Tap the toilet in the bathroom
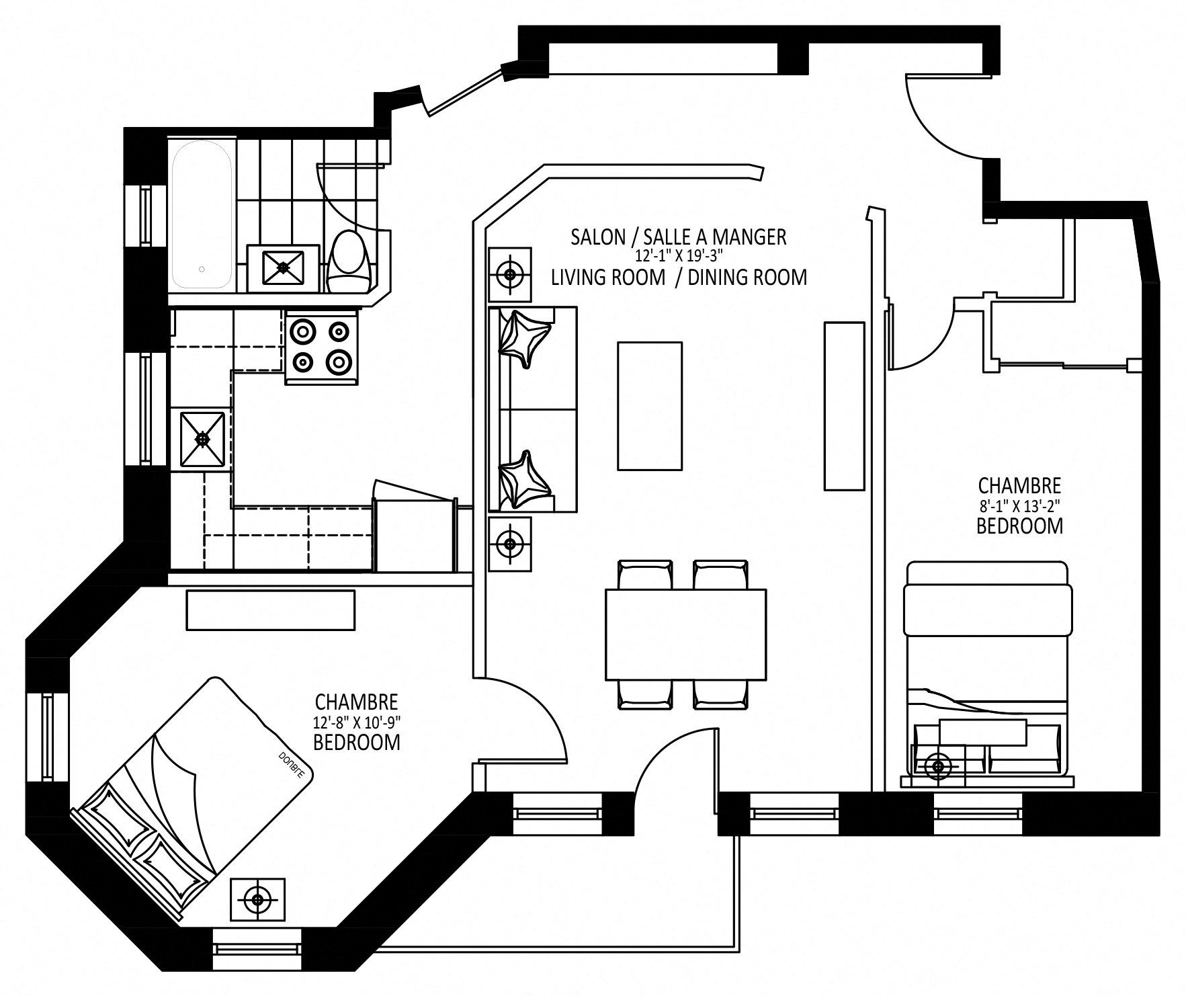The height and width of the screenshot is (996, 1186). click(x=350, y=261)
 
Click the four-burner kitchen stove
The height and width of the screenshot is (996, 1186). click(x=323, y=347)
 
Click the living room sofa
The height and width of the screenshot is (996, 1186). click(x=532, y=409)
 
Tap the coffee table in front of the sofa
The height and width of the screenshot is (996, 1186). click(x=649, y=406)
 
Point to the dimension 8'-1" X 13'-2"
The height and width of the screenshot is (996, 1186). click(x=1019, y=504)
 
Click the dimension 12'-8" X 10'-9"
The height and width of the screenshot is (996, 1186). click(x=357, y=722)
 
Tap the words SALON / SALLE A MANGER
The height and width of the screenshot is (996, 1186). click(x=678, y=237)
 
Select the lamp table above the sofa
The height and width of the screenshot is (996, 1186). click(x=510, y=274)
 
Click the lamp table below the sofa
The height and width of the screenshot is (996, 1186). click(x=509, y=543)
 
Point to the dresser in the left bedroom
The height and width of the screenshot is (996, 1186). click(x=270, y=610)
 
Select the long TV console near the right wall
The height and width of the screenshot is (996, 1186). click(x=844, y=406)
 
